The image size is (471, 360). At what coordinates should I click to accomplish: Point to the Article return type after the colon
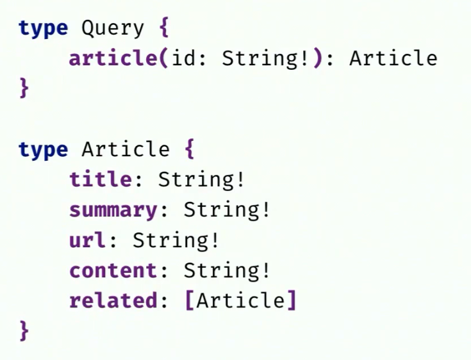pos(392,59)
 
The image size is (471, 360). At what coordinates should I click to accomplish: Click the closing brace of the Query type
pos(24,88)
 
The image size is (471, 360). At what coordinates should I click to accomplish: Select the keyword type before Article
pos(43,150)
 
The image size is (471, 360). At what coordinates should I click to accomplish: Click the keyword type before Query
pos(43,29)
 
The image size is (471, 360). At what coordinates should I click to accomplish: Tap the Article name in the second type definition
pos(126,150)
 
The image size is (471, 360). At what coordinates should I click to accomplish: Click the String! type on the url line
pos(177,240)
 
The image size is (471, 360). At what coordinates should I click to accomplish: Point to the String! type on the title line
pos(202,179)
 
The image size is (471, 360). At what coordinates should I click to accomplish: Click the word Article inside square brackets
pos(240,300)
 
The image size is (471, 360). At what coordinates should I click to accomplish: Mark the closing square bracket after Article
pos(291,300)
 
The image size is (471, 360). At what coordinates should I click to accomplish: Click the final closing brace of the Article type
pos(24,331)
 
